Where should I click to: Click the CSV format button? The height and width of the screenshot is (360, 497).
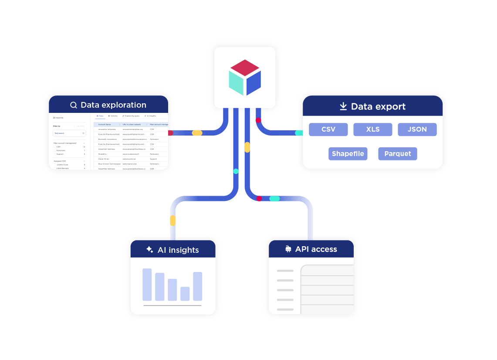click(328, 129)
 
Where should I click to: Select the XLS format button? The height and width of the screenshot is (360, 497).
click(372, 129)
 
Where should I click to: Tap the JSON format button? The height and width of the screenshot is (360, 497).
click(417, 129)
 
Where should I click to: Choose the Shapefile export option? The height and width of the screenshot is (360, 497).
click(348, 154)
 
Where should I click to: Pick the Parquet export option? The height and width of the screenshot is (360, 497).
click(397, 154)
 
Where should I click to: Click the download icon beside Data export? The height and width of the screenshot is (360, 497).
click(343, 106)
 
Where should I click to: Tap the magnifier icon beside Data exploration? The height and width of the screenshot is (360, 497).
click(74, 105)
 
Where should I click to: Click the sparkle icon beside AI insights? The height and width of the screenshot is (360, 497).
click(149, 250)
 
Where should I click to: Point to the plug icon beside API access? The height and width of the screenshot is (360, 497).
click(288, 249)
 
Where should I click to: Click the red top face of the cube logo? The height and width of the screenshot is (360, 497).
click(245, 68)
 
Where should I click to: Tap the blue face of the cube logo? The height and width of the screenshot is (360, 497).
click(254, 83)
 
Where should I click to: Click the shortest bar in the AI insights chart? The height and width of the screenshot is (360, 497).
click(185, 293)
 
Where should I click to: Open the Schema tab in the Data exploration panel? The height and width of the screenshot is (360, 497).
click(112, 116)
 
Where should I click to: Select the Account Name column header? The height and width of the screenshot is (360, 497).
click(105, 124)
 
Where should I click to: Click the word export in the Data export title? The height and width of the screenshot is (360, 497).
click(389, 107)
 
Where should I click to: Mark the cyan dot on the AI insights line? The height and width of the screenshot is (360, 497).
click(236, 171)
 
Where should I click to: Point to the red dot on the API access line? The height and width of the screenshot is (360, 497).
click(259, 199)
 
